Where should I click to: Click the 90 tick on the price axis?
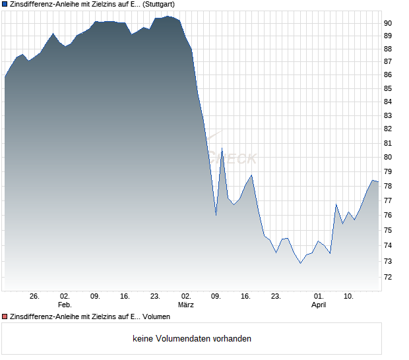pyautogui.click(x=389, y=23)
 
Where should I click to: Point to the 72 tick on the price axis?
pyautogui.click(x=389, y=278)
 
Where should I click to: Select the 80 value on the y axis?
pyautogui.click(x=389, y=158)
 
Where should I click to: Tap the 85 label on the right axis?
pyautogui.click(x=389, y=89)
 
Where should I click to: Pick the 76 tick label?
pyautogui.click(x=389, y=216)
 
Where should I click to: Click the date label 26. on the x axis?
pyautogui.click(x=35, y=296)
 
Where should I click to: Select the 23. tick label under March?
pyautogui.click(x=276, y=296)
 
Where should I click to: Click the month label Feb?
pyautogui.click(x=65, y=305)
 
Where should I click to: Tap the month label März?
pyautogui.click(x=186, y=305)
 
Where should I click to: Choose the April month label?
pyautogui.click(x=319, y=305)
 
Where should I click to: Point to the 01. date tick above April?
pyautogui.click(x=319, y=296)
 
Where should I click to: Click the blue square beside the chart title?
pyautogui.click(x=5, y=4)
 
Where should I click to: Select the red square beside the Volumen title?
pyautogui.click(x=5, y=317)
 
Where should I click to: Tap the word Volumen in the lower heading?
pyautogui.click(x=156, y=317)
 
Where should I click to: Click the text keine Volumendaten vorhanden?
pyautogui.click(x=192, y=339)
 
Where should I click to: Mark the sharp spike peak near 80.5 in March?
pyautogui.click(x=222, y=148)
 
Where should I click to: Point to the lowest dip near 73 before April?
pyautogui.click(x=300, y=263)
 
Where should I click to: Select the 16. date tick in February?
pyautogui.click(x=125, y=296)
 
